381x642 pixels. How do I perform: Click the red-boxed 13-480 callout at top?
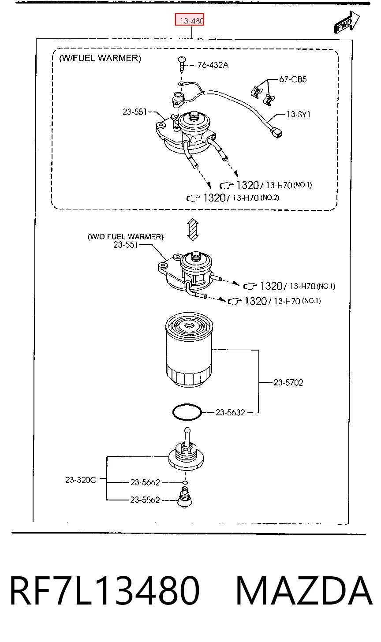[x=190, y=19]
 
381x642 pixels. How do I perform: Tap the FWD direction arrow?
[x=346, y=22]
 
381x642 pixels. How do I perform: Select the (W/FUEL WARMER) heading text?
[x=100, y=58]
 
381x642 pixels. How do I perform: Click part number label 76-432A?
[x=213, y=65]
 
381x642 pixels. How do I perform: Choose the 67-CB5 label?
[x=293, y=79]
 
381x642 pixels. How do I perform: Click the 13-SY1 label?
[x=299, y=114]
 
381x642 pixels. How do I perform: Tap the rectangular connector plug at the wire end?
[x=277, y=133]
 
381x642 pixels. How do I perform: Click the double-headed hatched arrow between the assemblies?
[x=193, y=229]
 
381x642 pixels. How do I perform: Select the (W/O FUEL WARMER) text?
[x=126, y=237]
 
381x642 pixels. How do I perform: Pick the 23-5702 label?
[x=288, y=383]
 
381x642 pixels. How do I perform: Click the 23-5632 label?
[x=230, y=412]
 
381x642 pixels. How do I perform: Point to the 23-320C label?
[x=81, y=480]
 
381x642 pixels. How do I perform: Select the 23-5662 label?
[x=145, y=482]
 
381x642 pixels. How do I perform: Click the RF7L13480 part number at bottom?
[x=105, y=591]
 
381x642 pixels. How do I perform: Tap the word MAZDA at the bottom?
[x=304, y=591]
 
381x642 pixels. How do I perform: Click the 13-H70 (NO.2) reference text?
[x=256, y=198]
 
